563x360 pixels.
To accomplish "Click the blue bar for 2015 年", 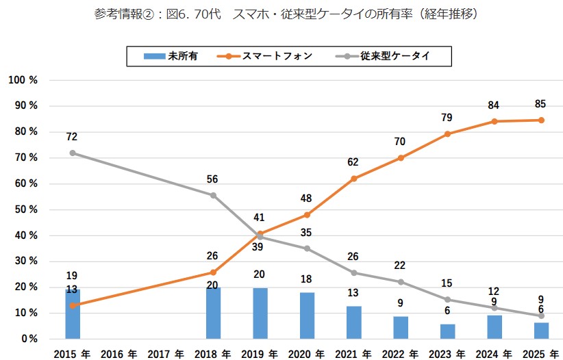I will click(73, 314).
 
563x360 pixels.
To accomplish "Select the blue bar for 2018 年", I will click(213, 313).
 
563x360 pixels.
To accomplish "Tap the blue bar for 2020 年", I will click(307, 316).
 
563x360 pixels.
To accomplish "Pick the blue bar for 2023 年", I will click(447, 331).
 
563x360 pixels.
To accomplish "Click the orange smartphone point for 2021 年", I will click(354, 179).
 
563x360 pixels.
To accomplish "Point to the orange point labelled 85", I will click(541, 120).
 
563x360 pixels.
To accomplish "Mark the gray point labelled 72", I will click(73, 153).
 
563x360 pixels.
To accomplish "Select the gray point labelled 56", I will click(213, 195).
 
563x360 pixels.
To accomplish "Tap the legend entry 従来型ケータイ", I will click(390, 56).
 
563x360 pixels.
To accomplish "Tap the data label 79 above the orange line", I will click(447, 117).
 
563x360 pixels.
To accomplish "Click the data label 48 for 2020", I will click(307, 198).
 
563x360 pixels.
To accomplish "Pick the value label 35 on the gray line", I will click(307, 232).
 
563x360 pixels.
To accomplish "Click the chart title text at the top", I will click(281, 14).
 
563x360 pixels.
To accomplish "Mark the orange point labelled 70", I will click(401, 158).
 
